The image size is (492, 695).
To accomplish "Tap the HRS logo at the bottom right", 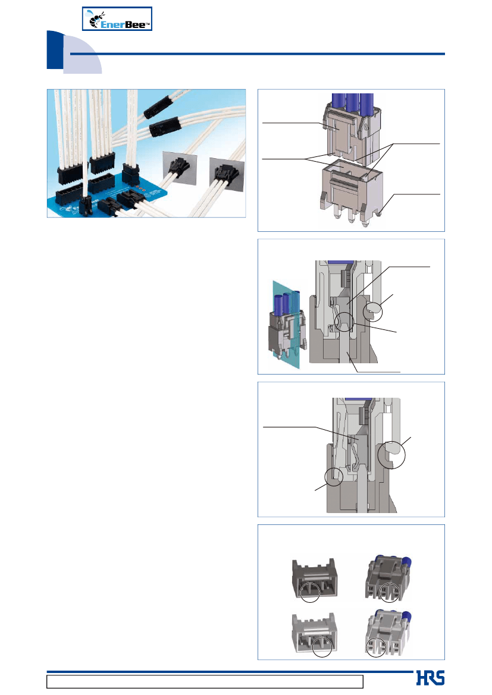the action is point(430,678).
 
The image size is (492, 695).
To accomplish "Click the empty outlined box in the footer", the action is point(205,681).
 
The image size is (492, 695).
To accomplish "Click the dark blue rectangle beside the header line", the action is point(55,50).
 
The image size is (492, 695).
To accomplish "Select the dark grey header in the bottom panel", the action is point(315,578).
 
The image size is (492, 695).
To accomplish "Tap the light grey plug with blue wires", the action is point(387,631).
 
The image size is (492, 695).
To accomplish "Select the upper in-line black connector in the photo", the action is point(159,107).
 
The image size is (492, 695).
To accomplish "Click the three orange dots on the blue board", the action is point(140,189).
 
